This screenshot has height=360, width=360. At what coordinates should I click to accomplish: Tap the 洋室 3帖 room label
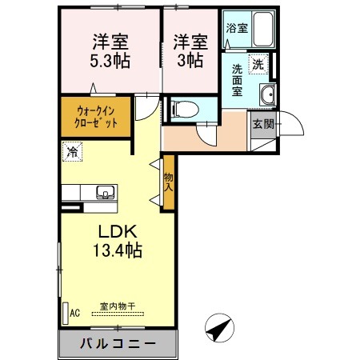click(x=191, y=50)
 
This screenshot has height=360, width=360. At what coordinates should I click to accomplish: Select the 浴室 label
click(x=237, y=28)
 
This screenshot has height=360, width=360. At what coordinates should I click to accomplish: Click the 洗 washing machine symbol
click(x=259, y=62)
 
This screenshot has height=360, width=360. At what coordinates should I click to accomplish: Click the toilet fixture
click(x=181, y=109)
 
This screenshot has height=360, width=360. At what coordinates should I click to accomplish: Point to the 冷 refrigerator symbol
click(x=73, y=150)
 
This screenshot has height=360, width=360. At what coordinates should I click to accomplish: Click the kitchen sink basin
click(x=105, y=192)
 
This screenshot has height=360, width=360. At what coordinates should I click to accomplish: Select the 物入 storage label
click(x=169, y=183)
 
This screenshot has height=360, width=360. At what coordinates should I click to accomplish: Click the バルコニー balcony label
click(x=117, y=346)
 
